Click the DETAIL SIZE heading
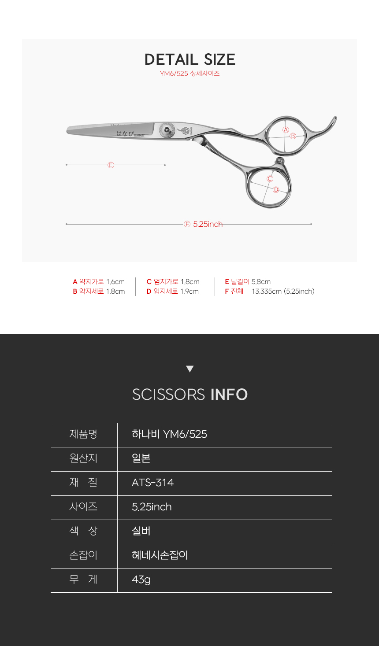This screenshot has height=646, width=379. [x=189, y=59]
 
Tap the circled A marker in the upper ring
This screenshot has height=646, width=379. [x=286, y=129]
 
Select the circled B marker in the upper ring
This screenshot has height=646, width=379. [x=293, y=136]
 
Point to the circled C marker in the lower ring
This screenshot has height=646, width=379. [x=270, y=179]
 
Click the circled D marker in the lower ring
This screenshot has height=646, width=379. [x=276, y=190]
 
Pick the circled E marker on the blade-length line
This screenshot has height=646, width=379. [x=111, y=165]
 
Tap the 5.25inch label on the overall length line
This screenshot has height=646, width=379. [x=208, y=224]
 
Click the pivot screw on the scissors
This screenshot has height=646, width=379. [x=167, y=129]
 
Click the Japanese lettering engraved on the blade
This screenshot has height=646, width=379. [x=125, y=133]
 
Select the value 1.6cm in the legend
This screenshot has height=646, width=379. [x=115, y=282]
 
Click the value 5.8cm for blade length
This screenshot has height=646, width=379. [x=261, y=282]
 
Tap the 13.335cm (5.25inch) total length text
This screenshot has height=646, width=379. [x=283, y=292]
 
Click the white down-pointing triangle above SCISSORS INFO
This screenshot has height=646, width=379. [x=189, y=369]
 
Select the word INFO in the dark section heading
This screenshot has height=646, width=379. [x=229, y=395]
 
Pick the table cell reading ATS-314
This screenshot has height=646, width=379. [x=152, y=483]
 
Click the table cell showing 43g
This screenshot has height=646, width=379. [x=141, y=580]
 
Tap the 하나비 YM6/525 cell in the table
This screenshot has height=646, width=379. [x=169, y=435]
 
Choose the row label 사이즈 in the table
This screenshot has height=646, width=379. [x=83, y=507]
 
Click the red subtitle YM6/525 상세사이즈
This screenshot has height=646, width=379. [x=189, y=74]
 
